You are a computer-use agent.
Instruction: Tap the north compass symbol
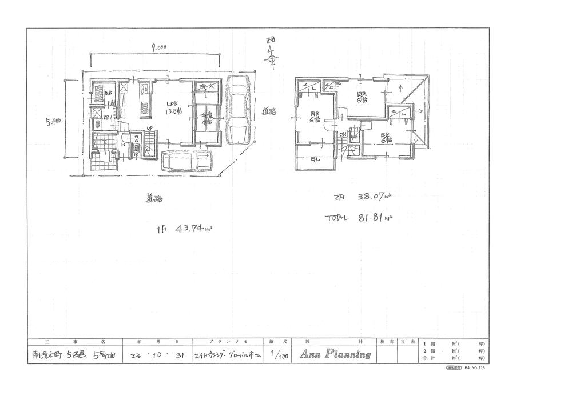coord(272,58)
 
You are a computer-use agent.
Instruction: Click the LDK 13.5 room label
coord(172,107)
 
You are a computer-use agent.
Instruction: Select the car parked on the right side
coord(237,111)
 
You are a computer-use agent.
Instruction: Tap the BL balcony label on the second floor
coord(315,159)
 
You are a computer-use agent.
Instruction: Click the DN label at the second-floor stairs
coord(343,135)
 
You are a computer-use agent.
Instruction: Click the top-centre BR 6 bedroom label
coord(362,98)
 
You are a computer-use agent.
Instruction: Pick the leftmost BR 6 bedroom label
coord(315,117)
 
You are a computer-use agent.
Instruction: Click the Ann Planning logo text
coord(332,354)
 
